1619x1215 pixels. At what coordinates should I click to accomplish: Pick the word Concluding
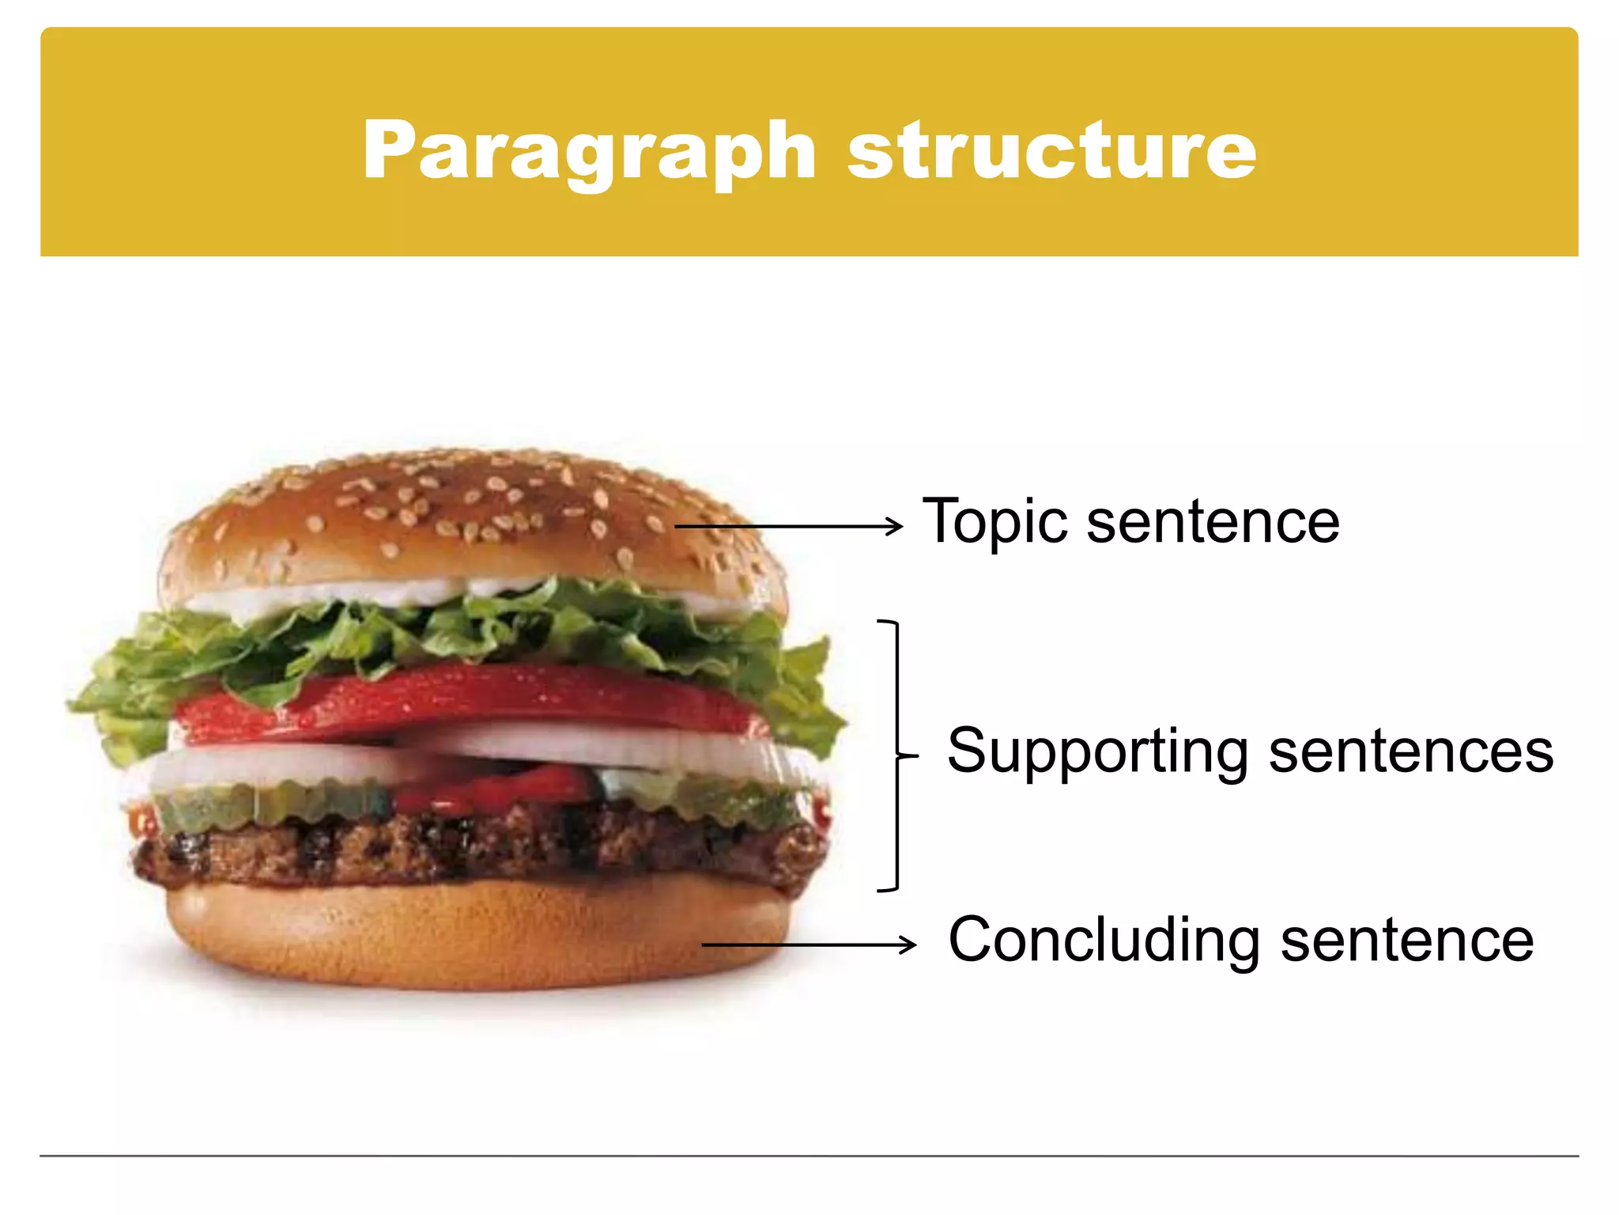(1104, 941)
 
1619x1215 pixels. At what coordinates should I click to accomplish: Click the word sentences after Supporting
(1411, 751)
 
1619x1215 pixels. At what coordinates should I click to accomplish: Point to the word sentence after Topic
(1213, 522)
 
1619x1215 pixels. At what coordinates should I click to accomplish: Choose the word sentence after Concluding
(1407, 941)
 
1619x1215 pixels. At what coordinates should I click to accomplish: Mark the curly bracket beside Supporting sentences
(897, 755)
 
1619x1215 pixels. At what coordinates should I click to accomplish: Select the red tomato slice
(474, 696)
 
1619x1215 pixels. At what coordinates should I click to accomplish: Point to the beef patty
(474, 846)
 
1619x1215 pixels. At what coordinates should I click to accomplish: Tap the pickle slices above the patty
(261, 803)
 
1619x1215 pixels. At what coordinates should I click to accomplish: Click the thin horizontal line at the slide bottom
(809, 1156)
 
